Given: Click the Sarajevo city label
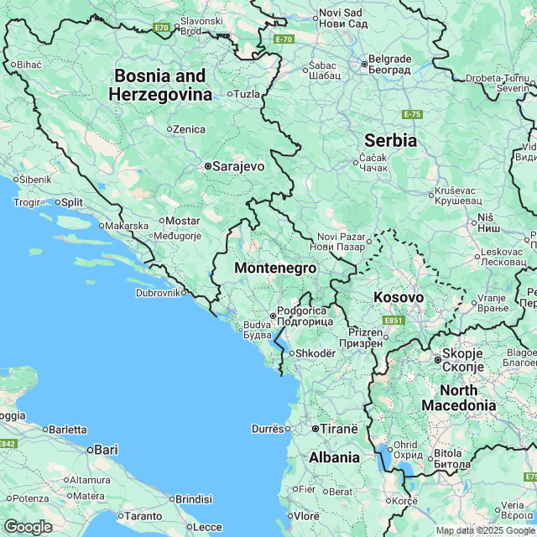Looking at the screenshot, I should click(x=238, y=166).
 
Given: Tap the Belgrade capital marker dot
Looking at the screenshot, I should click(x=365, y=63).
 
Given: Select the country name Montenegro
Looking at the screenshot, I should click(x=275, y=268).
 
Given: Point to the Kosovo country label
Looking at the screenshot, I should click(x=399, y=298).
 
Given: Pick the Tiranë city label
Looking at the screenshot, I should click(x=338, y=428).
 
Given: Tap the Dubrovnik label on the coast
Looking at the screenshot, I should click(x=159, y=293).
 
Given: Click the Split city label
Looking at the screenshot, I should click(x=71, y=202).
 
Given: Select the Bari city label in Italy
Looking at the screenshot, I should click(x=106, y=450).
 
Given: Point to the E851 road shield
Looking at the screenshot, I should click(x=393, y=321).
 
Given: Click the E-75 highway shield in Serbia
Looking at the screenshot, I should click(x=411, y=114).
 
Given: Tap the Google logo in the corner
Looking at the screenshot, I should click(x=27, y=526).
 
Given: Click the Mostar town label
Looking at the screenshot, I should click(x=182, y=221).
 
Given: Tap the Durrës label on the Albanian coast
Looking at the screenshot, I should click(x=268, y=429).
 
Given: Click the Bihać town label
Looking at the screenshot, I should click(x=29, y=64).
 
